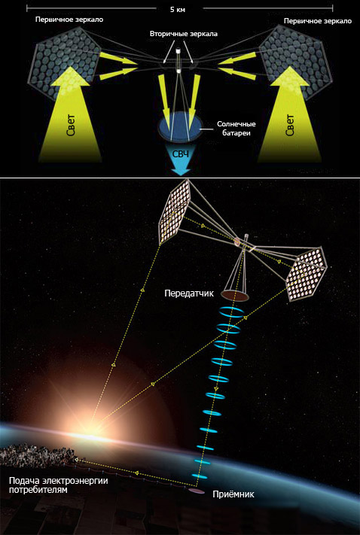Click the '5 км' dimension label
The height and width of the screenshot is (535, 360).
point(178,10)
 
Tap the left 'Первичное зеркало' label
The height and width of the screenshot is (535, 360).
point(69,20)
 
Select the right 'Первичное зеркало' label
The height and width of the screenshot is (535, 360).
point(318,21)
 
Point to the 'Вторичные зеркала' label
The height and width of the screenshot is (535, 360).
point(184,34)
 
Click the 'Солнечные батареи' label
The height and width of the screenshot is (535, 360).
point(236,129)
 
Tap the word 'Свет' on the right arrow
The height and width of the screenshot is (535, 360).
point(290,125)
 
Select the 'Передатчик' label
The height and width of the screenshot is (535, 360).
point(189,293)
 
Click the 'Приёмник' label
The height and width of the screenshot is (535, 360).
point(233,494)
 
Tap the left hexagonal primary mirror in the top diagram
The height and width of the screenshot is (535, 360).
point(68,63)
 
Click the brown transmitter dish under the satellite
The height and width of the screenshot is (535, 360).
point(235,295)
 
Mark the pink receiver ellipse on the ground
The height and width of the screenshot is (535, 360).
point(197,491)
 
